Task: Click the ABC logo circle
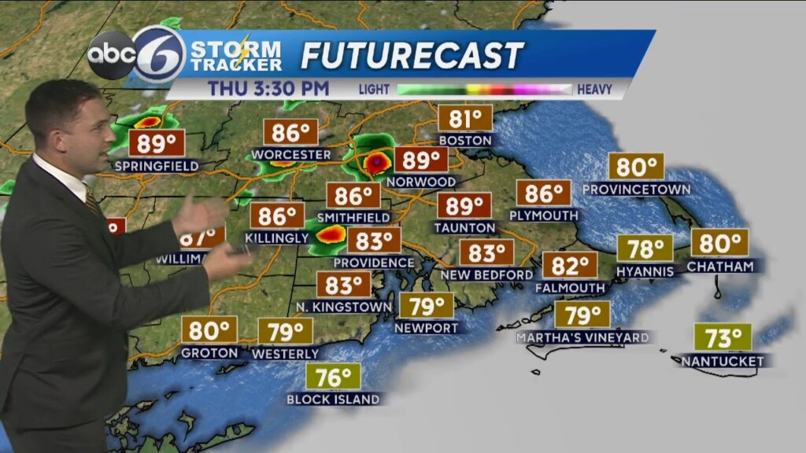[x=111, y=55]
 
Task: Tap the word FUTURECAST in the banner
[x=412, y=55]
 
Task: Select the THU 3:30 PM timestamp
[x=268, y=88]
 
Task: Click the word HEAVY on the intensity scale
[x=594, y=90]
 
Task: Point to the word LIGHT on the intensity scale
[x=374, y=90]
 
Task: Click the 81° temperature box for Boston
[x=464, y=119]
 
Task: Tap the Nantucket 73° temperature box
[x=723, y=338]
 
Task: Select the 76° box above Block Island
[x=333, y=376]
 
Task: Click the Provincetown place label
[x=636, y=190]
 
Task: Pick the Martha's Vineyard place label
[x=582, y=337]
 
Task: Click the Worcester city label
[x=290, y=155]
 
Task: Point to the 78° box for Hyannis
[x=645, y=249]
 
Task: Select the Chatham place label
[x=719, y=267]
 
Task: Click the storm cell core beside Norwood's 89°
[x=376, y=162]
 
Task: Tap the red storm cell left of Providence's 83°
[x=331, y=234]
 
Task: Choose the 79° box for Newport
[x=426, y=305]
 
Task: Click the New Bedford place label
[x=486, y=274]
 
